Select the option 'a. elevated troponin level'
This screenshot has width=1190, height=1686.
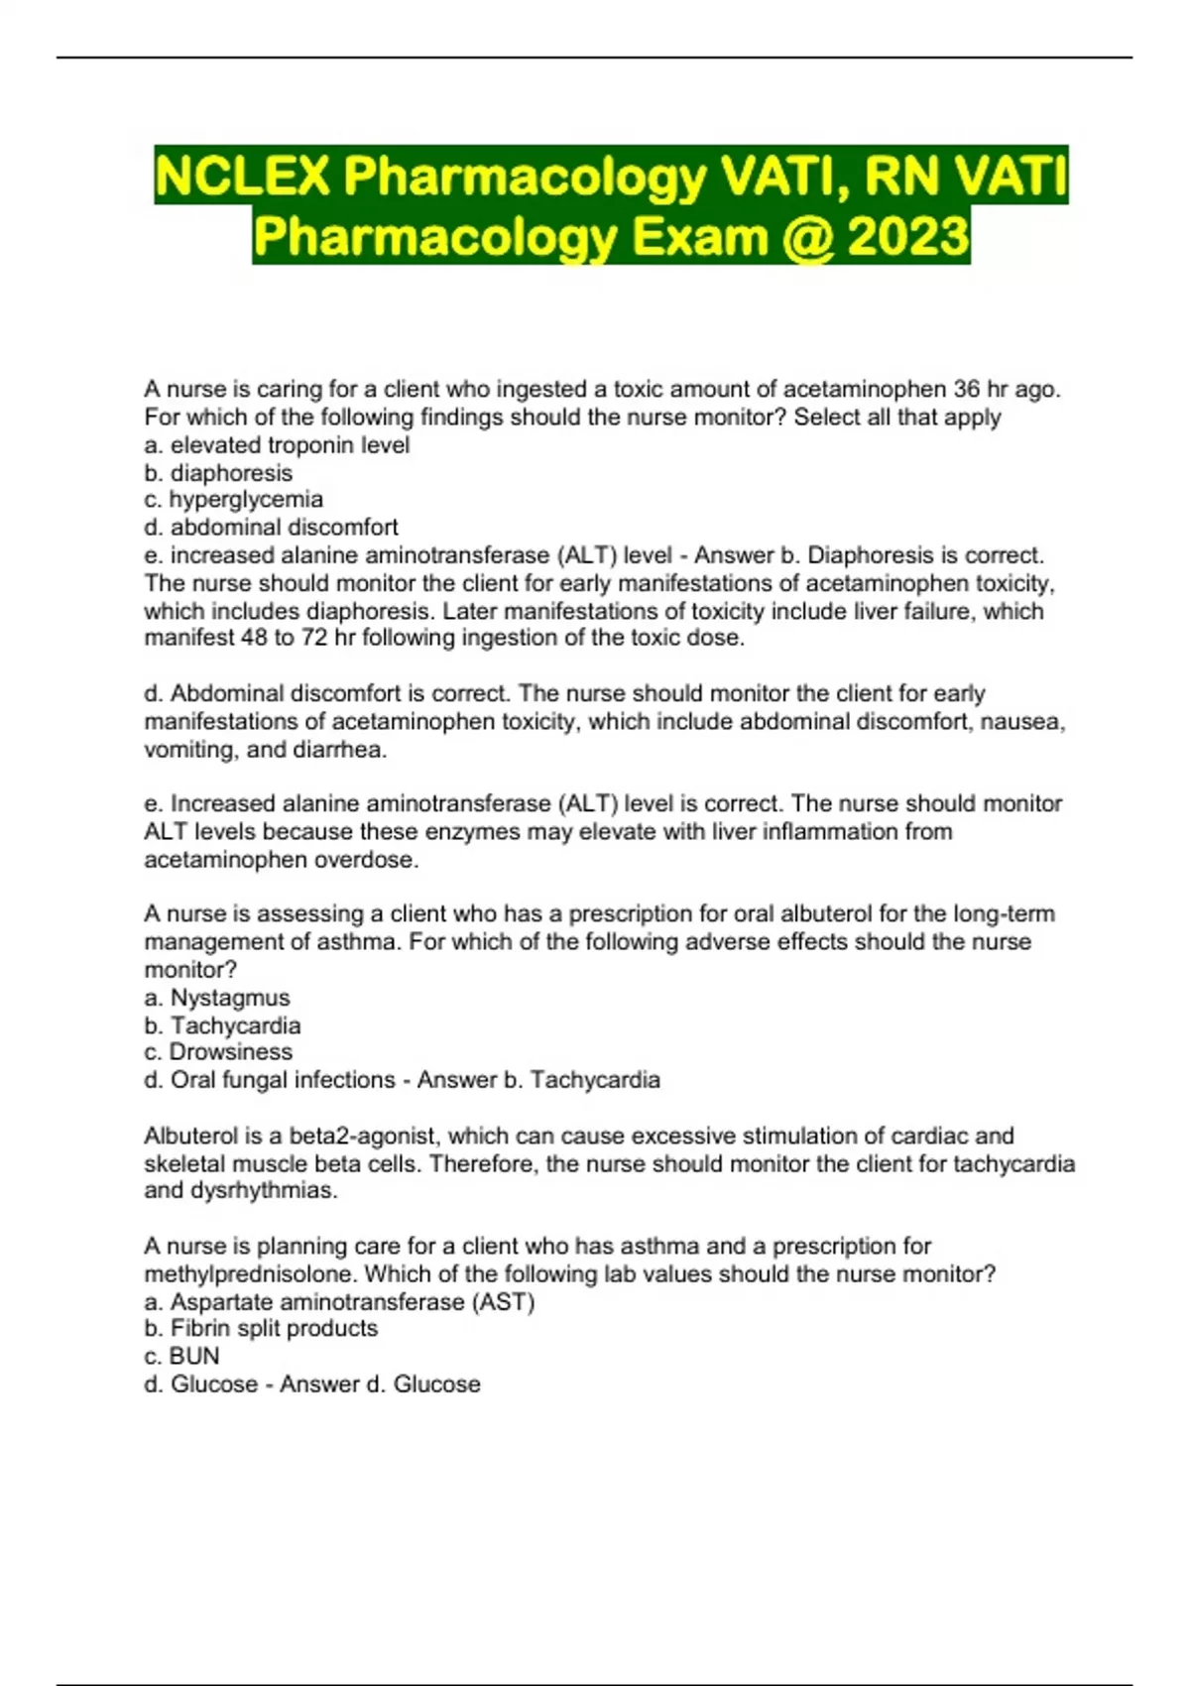click(x=277, y=445)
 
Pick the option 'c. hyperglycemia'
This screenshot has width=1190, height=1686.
click(x=233, y=499)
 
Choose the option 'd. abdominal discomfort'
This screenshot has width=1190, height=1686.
click(x=271, y=527)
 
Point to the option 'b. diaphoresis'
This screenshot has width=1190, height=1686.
click(x=218, y=473)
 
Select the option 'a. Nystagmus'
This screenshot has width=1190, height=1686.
click(x=217, y=998)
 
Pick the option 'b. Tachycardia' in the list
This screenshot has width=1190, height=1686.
click(x=222, y=1025)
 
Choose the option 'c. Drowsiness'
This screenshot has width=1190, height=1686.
click(x=218, y=1051)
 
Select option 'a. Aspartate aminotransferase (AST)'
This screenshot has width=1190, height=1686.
click(x=339, y=1301)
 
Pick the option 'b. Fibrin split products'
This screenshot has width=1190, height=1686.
click(x=261, y=1328)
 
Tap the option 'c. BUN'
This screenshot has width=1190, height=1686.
click(x=181, y=1356)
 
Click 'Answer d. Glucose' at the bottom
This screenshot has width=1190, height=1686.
click(x=380, y=1384)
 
